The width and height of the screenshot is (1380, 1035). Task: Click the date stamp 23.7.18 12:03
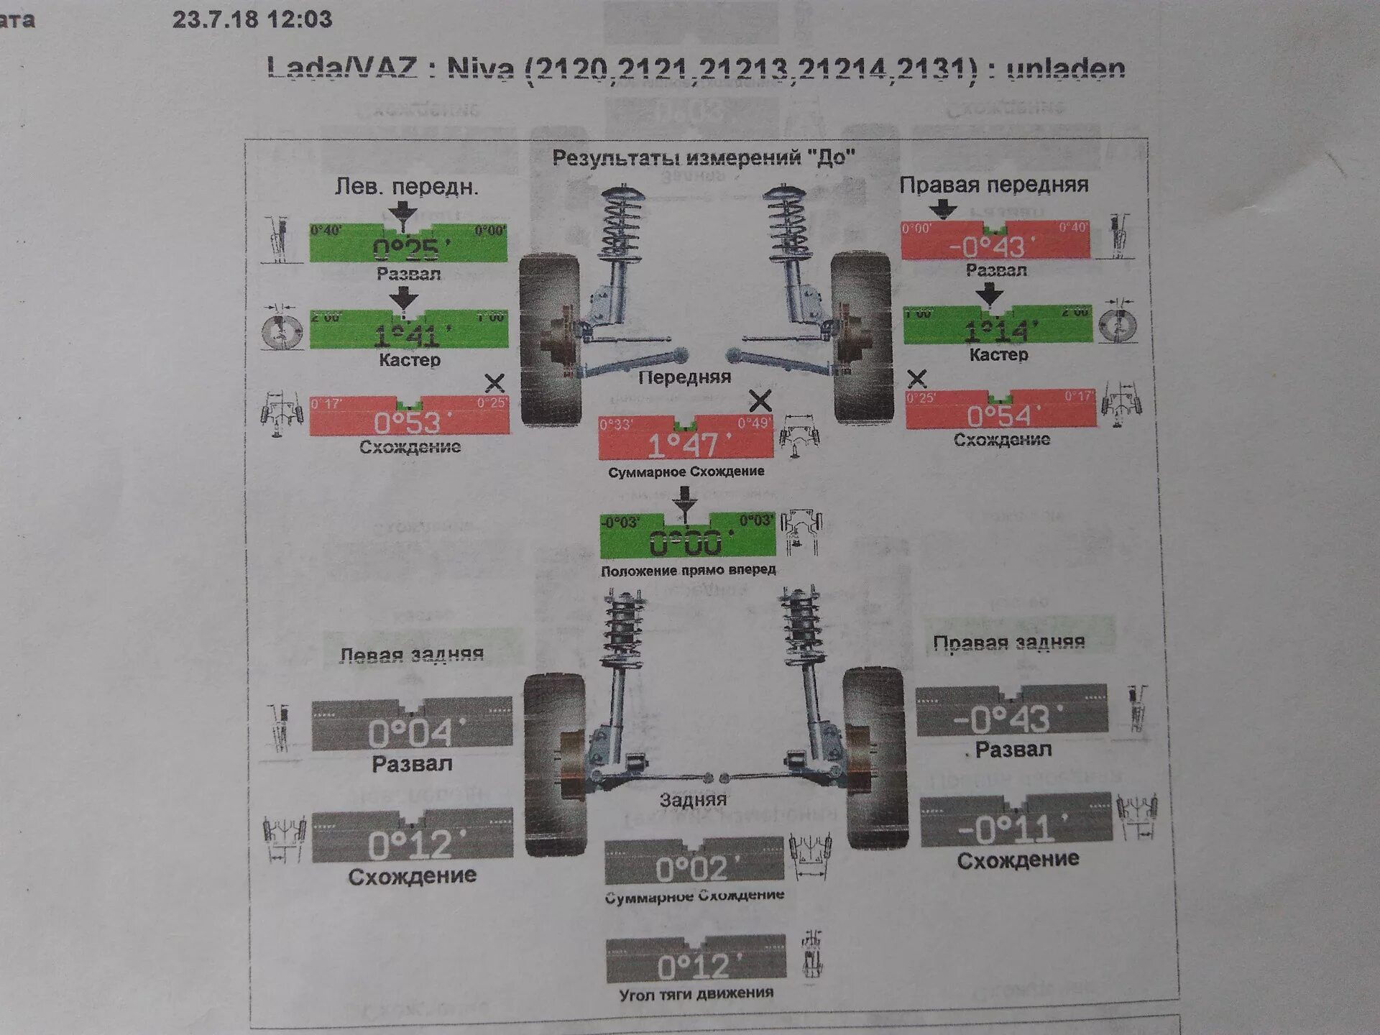click(x=252, y=19)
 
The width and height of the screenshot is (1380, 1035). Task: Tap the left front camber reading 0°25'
click(x=408, y=249)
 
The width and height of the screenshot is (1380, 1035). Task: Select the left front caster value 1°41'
click(x=408, y=335)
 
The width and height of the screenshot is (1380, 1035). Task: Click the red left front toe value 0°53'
click(x=408, y=422)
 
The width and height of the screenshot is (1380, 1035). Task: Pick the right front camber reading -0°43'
click(x=995, y=247)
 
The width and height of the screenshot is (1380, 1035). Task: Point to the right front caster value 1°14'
click(x=998, y=331)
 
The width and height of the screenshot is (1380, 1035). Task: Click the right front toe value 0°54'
click(x=1000, y=415)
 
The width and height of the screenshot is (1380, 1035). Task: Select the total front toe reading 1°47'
click(x=685, y=445)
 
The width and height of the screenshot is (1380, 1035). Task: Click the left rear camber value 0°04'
click(x=410, y=733)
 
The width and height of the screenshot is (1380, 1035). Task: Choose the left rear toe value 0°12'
click(x=411, y=845)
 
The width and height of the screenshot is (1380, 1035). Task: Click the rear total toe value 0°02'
click(x=693, y=869)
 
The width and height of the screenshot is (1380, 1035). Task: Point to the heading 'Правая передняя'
click(x=993, y=185)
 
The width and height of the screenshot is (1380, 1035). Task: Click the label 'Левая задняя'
click(x=411, y=655)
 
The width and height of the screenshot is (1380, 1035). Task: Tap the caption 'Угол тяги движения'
click(x=696, y=993)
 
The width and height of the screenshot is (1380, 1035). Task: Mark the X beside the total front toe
click(x=760, y=400)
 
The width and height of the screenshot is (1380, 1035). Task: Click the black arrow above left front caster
click(x=404, y=298)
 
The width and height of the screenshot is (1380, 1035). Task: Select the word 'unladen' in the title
click(x=1065, y=69)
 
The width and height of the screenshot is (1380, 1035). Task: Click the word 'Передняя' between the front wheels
click(x=684, y=377)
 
